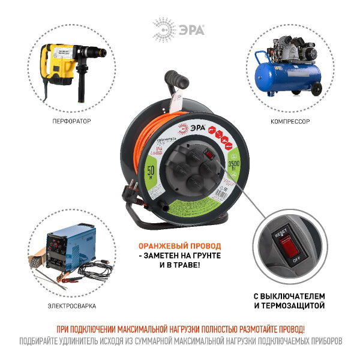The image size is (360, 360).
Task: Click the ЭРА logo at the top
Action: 179,28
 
